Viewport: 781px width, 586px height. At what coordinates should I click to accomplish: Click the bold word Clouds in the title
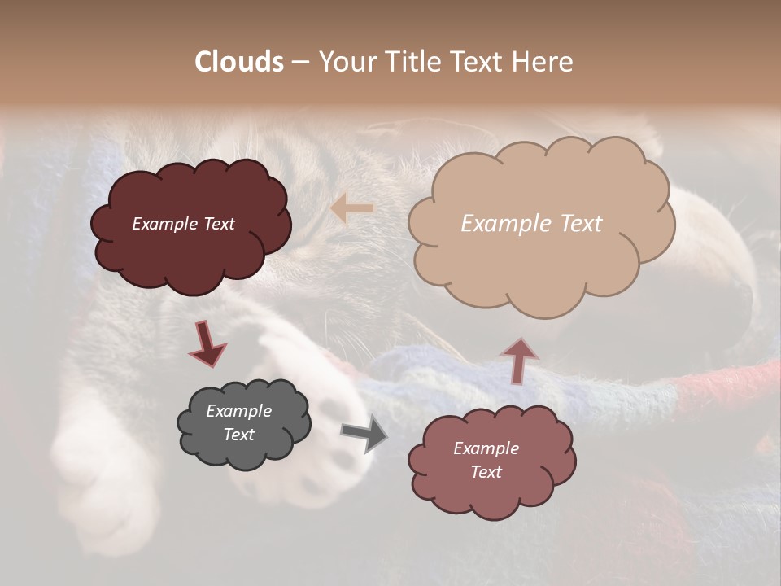[239, 62]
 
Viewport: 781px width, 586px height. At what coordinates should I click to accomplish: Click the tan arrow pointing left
[351, 208]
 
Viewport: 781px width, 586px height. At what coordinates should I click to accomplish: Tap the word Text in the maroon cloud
[218, 224]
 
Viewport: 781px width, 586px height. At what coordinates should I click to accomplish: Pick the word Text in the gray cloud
[239, 435]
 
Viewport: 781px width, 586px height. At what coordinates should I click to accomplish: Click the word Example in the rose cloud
[486, 448]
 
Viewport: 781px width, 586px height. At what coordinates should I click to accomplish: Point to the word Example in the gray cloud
[239, 411]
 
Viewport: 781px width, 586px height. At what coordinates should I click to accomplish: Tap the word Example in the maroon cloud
[165, 224]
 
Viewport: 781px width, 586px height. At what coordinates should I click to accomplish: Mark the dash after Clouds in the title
[300, 62]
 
